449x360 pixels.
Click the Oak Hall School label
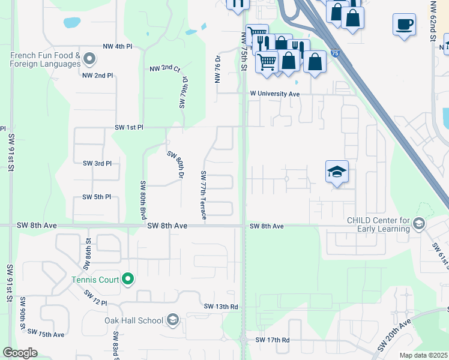[134, 320]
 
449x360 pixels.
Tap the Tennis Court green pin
[127, 279]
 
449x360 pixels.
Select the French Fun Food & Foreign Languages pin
[89, 59]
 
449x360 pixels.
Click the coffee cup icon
[404, 25]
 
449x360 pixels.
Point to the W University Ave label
[275, 94]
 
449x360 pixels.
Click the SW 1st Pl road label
[130, 128]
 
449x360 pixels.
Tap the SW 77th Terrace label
[203, 195]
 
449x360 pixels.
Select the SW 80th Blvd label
[143, 200]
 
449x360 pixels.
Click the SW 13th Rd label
[221, 307]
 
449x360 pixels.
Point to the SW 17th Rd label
[273, 340]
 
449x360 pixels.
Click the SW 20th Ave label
[394, 336]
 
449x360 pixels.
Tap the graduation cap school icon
[337, 172]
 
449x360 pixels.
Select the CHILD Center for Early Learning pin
[419, 224]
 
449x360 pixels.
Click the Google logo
[20, 353]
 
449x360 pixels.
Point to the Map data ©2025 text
[424, 355]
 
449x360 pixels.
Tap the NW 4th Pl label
[117, 46]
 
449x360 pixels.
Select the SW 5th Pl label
[97, 197]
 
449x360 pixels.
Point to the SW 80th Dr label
[179, 166]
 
